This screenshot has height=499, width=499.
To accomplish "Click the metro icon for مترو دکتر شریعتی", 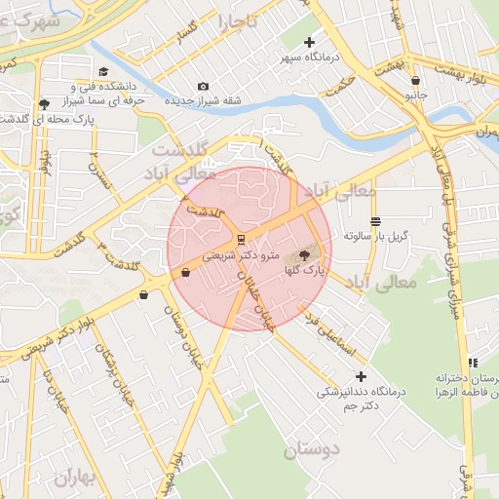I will [240, 238].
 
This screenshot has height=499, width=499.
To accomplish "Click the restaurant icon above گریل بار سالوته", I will [376, 221].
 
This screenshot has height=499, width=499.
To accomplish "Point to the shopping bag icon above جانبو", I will [416, 81].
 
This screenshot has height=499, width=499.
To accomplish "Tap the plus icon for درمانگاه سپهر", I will [310, 42].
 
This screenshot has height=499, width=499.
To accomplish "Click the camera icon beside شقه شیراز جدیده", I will [203, 87].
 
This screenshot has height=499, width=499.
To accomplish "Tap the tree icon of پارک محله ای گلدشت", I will [44, 104].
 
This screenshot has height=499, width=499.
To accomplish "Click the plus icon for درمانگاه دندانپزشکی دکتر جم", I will [362, 376].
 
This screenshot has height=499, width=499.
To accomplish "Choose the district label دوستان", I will [315, 450].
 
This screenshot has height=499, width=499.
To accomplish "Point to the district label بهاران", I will [78, 479].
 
